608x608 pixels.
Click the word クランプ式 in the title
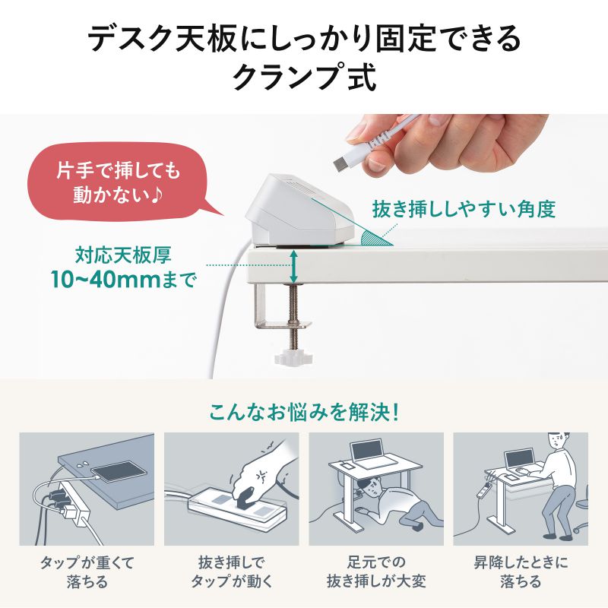coord(304,78)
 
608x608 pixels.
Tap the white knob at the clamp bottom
coord(291,356)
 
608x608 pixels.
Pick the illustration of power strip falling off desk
coord(86,489)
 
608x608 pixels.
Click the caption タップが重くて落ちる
coord(86,572)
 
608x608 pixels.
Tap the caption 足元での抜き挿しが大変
coord(375,572)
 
